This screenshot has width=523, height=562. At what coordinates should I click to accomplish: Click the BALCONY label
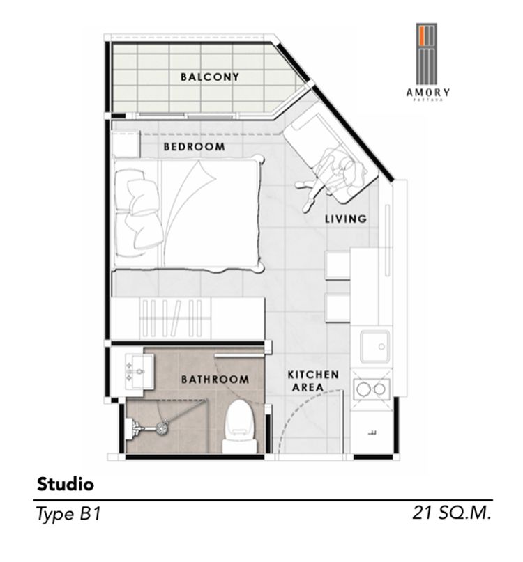209,77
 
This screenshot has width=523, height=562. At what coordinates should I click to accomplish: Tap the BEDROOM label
194,146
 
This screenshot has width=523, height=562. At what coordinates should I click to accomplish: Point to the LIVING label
346,218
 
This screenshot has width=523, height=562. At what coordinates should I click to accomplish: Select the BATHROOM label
215,379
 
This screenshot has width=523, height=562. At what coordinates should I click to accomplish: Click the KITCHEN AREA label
313,381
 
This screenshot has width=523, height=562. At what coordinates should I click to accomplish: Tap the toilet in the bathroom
240,426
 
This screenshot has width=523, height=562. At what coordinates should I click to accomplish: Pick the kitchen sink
374,346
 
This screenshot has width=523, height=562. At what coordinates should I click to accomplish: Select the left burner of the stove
362,388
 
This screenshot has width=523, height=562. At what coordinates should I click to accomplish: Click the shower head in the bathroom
161,427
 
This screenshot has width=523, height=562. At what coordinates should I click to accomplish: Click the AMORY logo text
427,93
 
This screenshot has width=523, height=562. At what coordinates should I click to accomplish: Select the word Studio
66,484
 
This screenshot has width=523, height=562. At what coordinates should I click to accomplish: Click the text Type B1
68,514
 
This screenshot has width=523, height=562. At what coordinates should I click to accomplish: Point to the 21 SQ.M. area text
451,513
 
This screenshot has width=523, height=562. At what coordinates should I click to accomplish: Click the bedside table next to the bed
126,143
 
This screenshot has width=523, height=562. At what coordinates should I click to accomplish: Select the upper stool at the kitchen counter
338,265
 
